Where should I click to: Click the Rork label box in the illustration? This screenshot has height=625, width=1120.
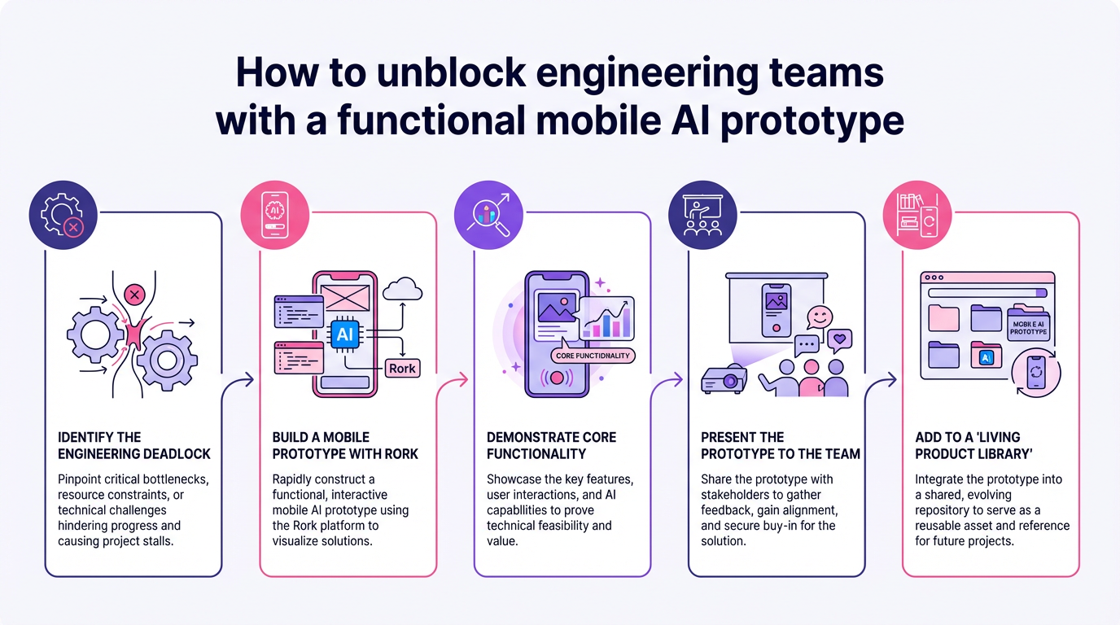coord(402,368)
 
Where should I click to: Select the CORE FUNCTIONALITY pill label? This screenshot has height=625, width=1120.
coord(593,356)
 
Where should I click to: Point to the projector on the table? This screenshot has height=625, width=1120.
coord(724,379)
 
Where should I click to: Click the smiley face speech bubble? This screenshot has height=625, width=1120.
coord(820,317)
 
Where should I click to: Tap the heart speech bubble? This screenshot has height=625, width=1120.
coord(838,338)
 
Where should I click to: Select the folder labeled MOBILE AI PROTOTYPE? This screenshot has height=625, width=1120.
coord(1029,323)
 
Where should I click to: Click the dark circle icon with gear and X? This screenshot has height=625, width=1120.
coord(63,215)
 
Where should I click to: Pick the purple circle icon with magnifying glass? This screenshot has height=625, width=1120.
coord(488,215)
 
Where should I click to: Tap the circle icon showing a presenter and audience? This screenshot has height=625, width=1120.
coord(702,215)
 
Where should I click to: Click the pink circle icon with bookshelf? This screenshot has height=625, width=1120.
coord(917,215)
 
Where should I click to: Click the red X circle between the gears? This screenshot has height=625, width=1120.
coord(136,294)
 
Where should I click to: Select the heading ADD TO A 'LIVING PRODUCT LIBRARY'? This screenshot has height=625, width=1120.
coord(967,445)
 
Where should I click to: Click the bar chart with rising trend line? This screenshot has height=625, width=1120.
coord(608,318)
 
